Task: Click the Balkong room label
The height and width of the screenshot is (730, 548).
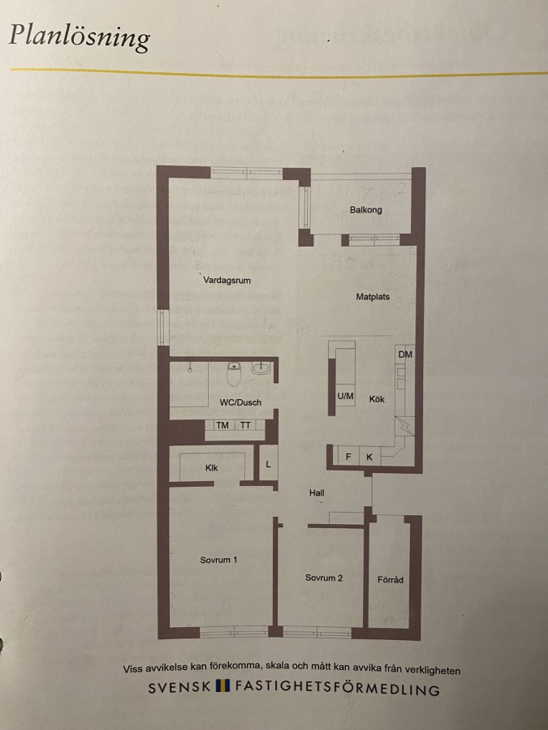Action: click(x=366, y=210)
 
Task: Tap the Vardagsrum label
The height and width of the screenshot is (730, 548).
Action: click(x=227, y=281)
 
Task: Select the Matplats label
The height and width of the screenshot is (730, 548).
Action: click(x=373, y=297)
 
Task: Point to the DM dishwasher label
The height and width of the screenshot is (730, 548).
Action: click(x=405, y=354)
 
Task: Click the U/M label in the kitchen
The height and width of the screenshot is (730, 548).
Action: click(x=345, y=396)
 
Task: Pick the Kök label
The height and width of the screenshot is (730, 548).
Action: click(x=377, y=399)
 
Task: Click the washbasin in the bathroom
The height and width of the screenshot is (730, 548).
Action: click(x=261, y=368)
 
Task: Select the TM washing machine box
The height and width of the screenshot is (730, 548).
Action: click(x=222, y=425)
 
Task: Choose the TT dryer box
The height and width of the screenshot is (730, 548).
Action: click(x=245, y=425)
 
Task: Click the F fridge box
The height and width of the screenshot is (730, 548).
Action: click(x=348, y=457)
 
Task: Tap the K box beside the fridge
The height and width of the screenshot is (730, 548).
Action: click(x=369, y=457)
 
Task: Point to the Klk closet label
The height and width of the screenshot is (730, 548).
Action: click(x=212, y=468)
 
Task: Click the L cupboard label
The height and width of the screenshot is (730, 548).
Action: click(x=269, y=464)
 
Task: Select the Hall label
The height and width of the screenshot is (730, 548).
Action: click(x=317, y=492)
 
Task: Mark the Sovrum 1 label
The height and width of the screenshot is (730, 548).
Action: click(x=218, y=560)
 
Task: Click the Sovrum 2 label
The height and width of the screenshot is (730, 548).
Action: click(x=324, y=578)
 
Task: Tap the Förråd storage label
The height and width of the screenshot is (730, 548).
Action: click(x=391, y=580)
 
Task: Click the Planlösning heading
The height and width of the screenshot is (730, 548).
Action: click(x=80, y=36)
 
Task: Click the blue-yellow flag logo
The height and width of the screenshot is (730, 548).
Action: click(x=223, y=686)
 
